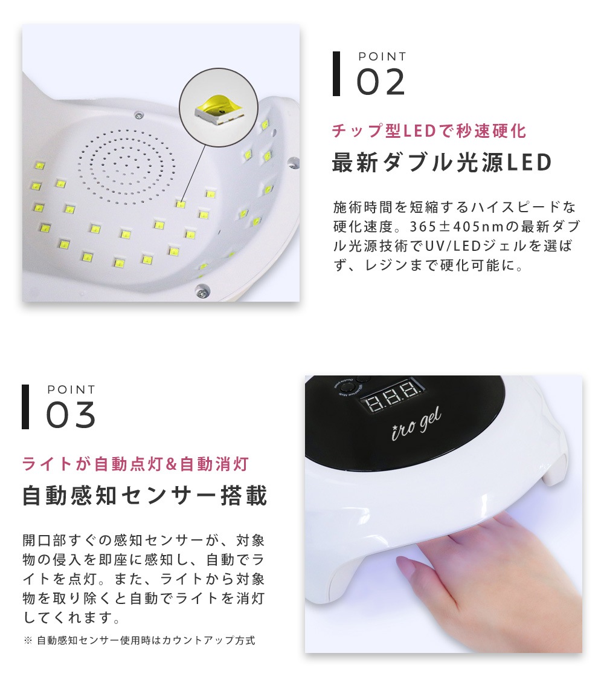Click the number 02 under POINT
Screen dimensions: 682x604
(x=381, y=82)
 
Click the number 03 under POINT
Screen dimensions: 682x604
(x=71, y=415)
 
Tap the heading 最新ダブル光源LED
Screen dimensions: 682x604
(x=442, y=163)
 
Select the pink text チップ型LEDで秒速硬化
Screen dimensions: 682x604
(x=429, y=131)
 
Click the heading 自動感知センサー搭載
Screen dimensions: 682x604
(x=145, y=496)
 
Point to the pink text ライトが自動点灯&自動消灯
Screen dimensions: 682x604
(x=135, y=464)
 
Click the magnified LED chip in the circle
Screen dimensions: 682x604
(x=215, y=108)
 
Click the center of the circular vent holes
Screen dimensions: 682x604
(x=128, y=163)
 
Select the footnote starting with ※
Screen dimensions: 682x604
(x=140, y=640)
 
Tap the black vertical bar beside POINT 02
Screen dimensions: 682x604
(x=336, y=74)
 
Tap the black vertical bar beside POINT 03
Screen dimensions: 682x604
(x=25, y=407)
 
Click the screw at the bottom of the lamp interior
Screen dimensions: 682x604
(x=199, y=293)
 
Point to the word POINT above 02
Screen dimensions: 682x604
(x=382, y=57)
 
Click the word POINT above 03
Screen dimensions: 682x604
(x=71, y=390)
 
